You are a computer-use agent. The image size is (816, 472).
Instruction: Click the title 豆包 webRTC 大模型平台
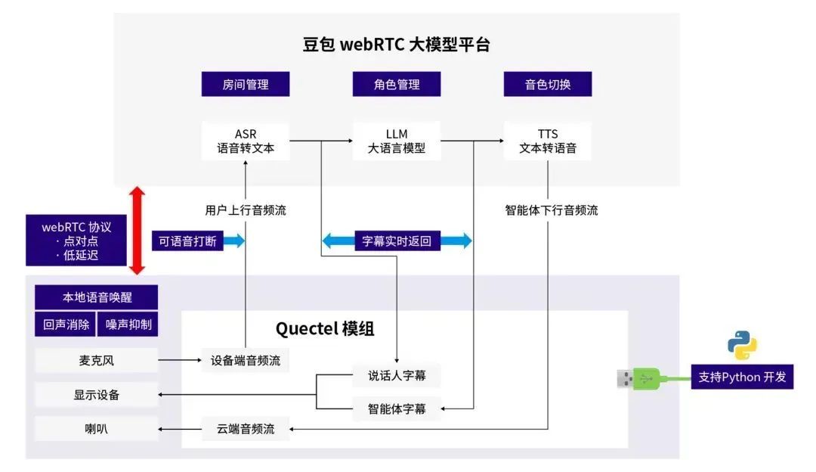(x=396, y=45)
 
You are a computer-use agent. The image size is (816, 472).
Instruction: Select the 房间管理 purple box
(x=246, y=84)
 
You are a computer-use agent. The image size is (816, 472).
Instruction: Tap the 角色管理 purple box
(x=397, y=84)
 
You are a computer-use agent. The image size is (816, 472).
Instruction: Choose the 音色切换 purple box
(x=548, y=84)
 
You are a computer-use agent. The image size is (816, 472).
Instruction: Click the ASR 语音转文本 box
(x=246, y=141)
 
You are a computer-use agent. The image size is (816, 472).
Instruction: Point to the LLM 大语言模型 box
(x=397, y=141)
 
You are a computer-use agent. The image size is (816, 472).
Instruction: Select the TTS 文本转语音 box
(x=548, y=141)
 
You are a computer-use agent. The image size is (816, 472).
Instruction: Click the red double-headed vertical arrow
(x=137, y=231)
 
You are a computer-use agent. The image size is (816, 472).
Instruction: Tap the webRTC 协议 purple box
(x=76, y=241)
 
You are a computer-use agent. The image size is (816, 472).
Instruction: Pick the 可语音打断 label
(x=187, y=241)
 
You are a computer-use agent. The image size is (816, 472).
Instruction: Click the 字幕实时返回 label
(x=397, y=241)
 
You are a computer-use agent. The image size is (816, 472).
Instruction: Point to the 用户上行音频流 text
(x=246, y=210)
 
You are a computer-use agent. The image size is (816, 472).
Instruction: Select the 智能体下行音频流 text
(x=552, y=210)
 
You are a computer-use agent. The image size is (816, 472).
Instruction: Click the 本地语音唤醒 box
(x=97, y=297)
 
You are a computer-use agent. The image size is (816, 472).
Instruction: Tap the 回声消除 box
(x=66, y=324)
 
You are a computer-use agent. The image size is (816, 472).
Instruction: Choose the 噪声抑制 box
(x=128, y=324)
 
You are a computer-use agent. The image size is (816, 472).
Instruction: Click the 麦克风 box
(x=97, y=361)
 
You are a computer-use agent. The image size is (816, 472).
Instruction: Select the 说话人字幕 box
(x=397, y=375)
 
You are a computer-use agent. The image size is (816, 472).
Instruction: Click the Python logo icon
(x=742, y=344)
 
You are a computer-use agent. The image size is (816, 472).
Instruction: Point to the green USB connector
(x=646, y=377)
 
